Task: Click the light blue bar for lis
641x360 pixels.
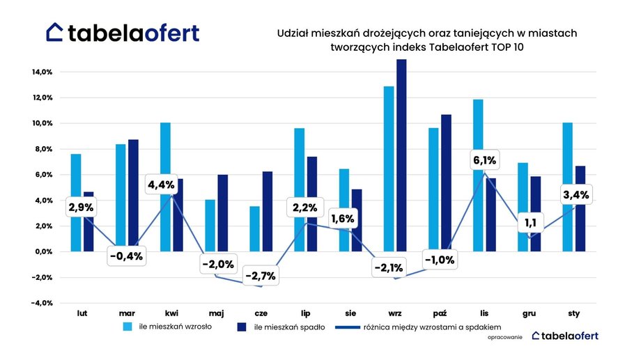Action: coord(478,175)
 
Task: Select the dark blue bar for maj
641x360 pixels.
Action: coord(223,212)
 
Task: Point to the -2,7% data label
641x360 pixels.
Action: coord(260,276)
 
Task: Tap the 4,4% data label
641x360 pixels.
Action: coord(162,185)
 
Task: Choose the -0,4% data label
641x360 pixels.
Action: coord(126,256)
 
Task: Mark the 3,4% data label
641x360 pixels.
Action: coord(576,194)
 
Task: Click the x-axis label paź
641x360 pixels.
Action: coord(439,314)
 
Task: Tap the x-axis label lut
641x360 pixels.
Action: coord(82,314)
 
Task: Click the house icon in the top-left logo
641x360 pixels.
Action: coord(55,32)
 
